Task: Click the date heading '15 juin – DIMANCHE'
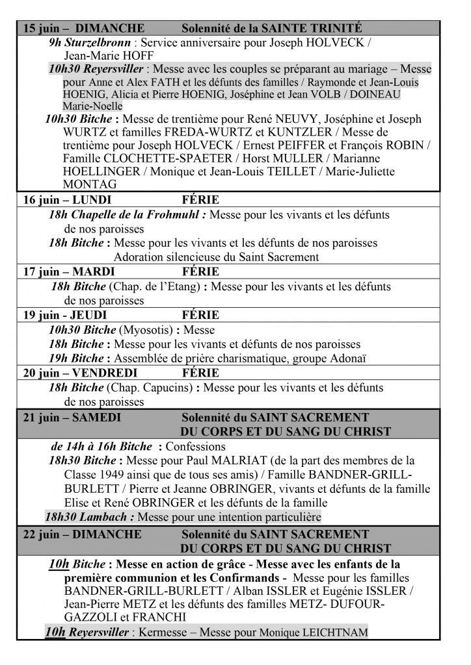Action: point(83,29)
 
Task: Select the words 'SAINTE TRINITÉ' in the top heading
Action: point(312,29)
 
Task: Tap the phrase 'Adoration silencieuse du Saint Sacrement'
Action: point(216,257)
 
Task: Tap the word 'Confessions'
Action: point(196,447)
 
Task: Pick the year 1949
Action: point(115,474)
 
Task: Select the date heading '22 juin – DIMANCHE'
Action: point(82,534)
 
